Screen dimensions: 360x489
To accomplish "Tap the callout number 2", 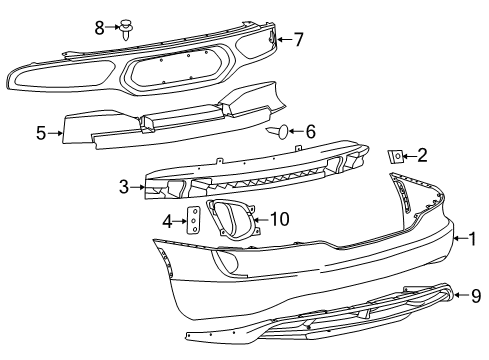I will pyautogui.click(x=422, y=154).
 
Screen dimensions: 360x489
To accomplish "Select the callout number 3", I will pyautogui.click(x=123, y=186).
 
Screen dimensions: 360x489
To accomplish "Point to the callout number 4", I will pyautogui.click(x=168, y=221).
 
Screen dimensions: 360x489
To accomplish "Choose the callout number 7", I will pyautogui.click(x=297, y=40).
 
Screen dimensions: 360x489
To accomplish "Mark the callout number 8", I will pyautogui.click(x=100, y=27).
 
